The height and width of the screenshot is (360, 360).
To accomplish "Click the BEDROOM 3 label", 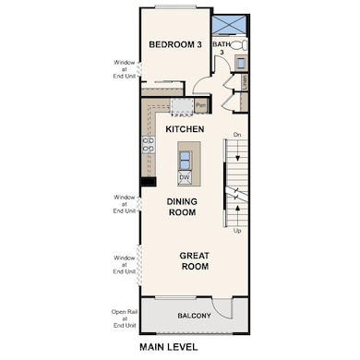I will [174, 43].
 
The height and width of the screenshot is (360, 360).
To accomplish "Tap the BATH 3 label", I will [222, 47].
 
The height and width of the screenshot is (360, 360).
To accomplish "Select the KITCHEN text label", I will [185, 129].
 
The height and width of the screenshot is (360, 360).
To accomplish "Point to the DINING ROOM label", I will [182, 206].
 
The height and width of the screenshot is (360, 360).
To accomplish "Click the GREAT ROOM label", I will [193, 261].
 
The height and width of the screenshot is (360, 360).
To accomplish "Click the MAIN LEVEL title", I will [179, 347].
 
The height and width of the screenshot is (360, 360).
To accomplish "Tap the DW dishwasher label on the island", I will [185, 176].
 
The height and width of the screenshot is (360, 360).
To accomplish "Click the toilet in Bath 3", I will [237, 45].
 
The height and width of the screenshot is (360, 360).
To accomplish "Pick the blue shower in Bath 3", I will [229, 24].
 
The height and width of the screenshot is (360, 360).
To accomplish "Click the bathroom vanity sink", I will [240, 63].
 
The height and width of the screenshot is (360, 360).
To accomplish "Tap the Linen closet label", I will [245, 82].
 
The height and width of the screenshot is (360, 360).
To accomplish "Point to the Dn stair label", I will [237, 136].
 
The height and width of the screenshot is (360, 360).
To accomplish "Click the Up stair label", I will [237, 231].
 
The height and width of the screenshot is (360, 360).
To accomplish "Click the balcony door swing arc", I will [222, 308].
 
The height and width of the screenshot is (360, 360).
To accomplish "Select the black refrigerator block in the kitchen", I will [147, 182].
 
